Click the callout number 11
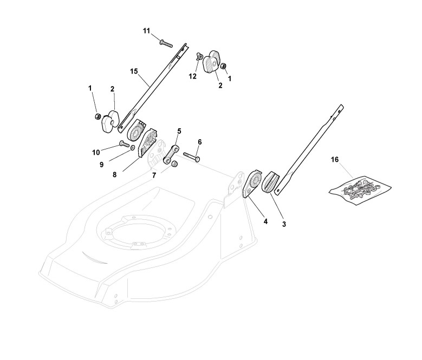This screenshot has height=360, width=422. tap(146, 31)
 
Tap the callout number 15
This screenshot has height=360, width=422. tap(134, 71)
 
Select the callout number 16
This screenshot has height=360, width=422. tap(334, 160)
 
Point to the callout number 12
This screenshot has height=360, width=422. tap(192, 76)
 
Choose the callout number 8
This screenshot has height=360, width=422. tap(115, 174)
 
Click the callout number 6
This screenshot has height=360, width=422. tap(199, 142)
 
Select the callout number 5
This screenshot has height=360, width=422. tap(179, 132)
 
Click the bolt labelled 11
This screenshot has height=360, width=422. tap(166, 41)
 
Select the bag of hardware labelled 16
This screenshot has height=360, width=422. tap(361, 188)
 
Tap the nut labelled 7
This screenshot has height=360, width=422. tap(175, 165)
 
